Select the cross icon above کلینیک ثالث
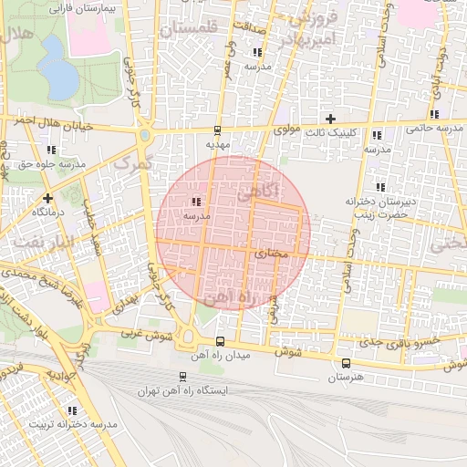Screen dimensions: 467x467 (x=330, y=119)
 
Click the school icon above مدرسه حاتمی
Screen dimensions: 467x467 (x=434, y=114)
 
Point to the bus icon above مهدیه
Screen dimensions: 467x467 (x=217, y=130)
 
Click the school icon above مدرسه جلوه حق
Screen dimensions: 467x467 (x=51, y=150)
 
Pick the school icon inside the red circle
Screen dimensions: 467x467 (x=196, y=202)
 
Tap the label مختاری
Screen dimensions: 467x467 (x=271, y=253)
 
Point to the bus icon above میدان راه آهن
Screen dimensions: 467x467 (x=219, y=341)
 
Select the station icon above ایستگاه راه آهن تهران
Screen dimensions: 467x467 (x=182, y=376)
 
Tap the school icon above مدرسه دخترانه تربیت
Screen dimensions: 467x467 (x=72, y=410)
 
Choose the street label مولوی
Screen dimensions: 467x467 (x=287, y=131)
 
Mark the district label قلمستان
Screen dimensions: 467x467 (x=190, y=29)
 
